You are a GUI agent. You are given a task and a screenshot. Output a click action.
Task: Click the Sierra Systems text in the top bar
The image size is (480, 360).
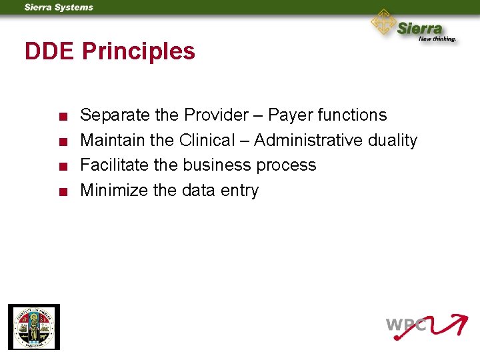point(59,7)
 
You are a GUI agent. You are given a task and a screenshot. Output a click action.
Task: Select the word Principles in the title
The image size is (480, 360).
point(139,51)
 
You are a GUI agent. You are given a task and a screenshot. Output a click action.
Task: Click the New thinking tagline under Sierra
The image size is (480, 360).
point(437,39)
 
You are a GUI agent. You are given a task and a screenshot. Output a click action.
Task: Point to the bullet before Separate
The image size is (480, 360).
point(61,117)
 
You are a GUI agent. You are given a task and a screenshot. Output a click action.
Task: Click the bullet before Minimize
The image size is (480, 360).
point(61,192)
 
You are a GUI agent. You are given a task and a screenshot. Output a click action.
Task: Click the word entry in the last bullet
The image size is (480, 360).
point(239,191)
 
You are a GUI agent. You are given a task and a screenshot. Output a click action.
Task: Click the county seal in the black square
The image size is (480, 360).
point(33,327)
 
